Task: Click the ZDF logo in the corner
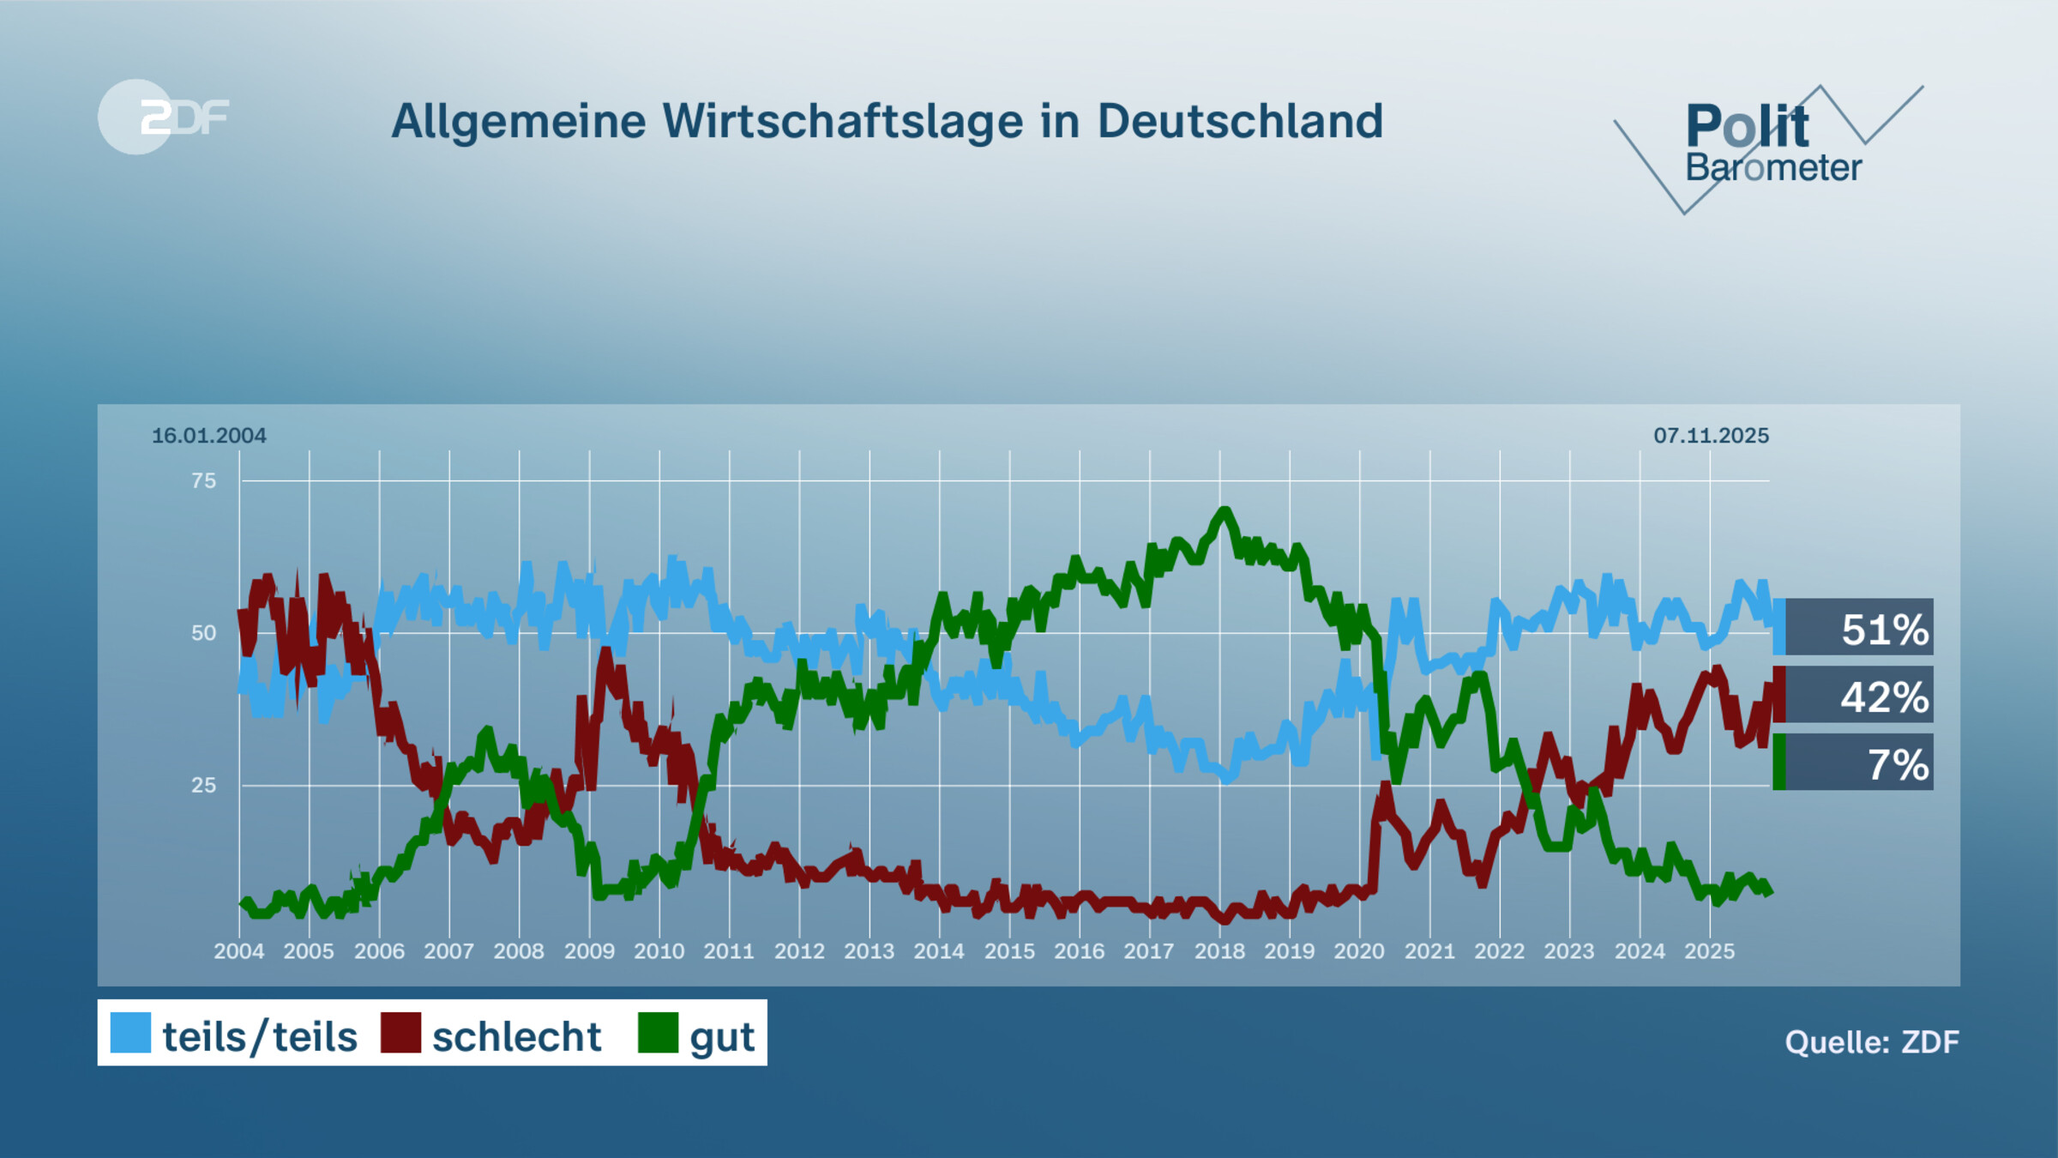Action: [x=163, y=117]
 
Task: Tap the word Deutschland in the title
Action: [x=1240, y=121]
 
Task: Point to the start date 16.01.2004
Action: [x=208, y=436]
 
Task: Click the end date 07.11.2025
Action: [x=1711, y=436]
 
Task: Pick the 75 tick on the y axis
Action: [x=203, y=481]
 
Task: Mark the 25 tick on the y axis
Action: [x=203, y=786]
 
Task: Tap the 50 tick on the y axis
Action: [x=203, y=634]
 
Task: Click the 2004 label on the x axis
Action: [x=238, y=951]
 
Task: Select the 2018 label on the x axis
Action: [x=1219, y=951]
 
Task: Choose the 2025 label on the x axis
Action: [x=1709, y=951]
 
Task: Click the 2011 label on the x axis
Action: [x=729, y=951]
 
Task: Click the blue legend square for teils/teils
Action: [x=130, y=1033]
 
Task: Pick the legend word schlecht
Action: [x=516, y=1037]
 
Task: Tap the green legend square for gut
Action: [x=658, y=1033]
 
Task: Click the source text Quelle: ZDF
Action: [x=1871, y=1042]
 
